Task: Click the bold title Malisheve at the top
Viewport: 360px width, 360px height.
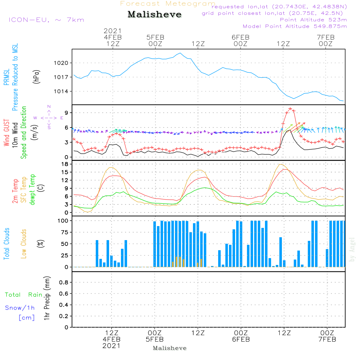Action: coord(154,14)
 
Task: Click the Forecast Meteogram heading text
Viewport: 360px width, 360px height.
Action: coord(168,4)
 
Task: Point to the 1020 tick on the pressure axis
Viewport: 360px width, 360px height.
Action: coord(61,63)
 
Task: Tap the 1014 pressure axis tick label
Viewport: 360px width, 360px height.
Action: coord(61,91)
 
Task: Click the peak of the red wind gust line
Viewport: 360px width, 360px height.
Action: coord(291,109)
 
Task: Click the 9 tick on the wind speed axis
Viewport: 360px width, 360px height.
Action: coord(66,113)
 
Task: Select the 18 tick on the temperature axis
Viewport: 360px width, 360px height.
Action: coord(65,164)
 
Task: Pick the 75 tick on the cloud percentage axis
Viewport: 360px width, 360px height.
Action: coord(64,232)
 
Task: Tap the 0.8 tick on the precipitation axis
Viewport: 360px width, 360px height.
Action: coord(64,282)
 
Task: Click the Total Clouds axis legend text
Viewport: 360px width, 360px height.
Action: coord(6,244)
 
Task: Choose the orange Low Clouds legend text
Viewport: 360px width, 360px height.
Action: coord(23,244)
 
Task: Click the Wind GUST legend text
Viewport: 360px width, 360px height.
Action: coord(6,132)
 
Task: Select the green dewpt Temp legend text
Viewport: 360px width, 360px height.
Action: coord(32,189)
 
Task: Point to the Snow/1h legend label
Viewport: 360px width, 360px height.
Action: coord(20,308)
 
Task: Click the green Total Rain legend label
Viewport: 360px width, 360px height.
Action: coord(24,294)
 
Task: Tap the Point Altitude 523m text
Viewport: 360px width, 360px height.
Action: coord(313,20)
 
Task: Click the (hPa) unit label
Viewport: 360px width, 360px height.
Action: coord(36,77)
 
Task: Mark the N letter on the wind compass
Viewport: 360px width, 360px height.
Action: coord(49,107)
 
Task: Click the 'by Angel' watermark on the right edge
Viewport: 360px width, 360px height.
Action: coord(352,249)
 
